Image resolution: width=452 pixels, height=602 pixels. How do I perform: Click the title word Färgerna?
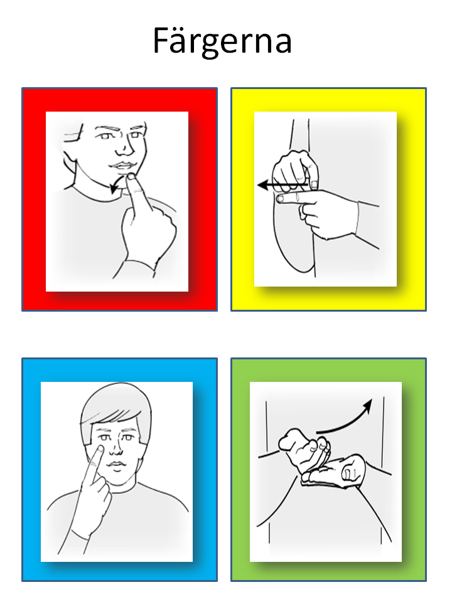point(222,41)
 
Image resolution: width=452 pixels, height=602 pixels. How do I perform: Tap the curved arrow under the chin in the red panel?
point(118,182)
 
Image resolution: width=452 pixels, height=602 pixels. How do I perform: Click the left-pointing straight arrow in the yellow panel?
point(283,186)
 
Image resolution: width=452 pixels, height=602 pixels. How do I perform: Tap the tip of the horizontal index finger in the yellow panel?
point(280,198)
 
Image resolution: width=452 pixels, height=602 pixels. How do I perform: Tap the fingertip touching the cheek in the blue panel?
point(99,449)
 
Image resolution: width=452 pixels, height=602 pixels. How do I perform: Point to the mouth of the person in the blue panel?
point(116,465)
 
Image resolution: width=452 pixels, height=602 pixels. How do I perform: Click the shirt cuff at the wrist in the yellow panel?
point(357,218)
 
